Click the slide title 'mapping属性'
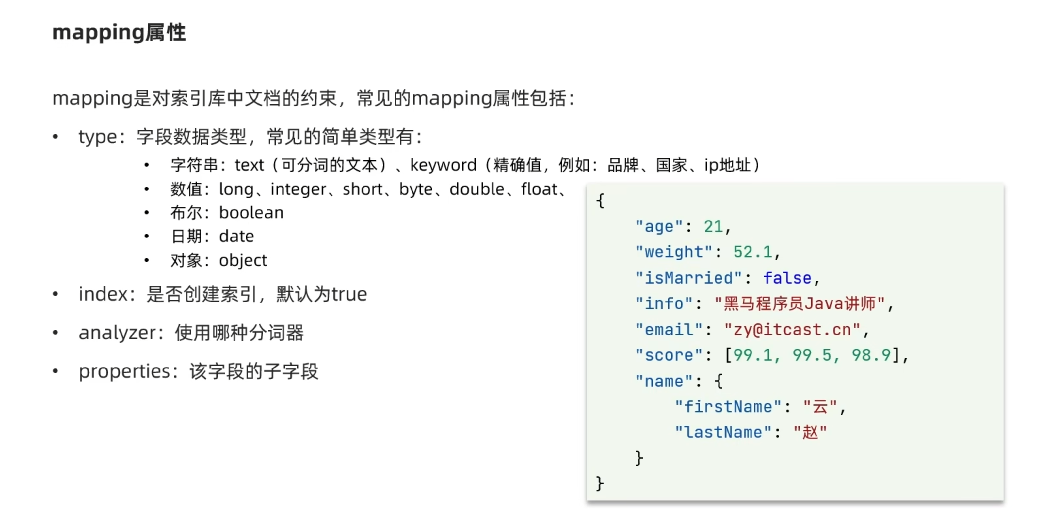[x=119, y=33]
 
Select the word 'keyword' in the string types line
[x=443, y=165]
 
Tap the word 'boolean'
[x=251, y=213]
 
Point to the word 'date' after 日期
[x=236, y=237]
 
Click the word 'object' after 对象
[x=243, y=260]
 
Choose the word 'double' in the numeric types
[x=477, y=189]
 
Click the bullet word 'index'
[x=103, y=294]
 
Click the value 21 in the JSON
[x=713, y=227]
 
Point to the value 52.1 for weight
[x=753, y=252]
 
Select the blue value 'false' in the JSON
[x=787, y=278]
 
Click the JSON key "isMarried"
[x=688, y=278]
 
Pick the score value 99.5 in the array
[x=812, y=355]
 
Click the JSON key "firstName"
[x=728, y=407]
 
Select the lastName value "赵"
[x=810, y=433]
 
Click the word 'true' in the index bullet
[x=349, y=294]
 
